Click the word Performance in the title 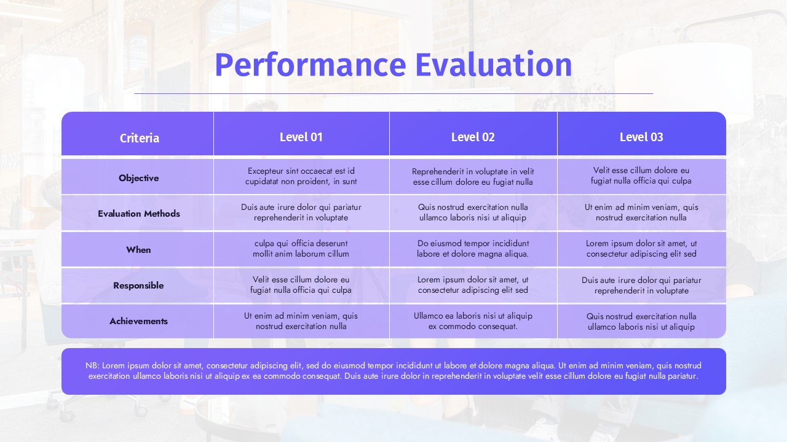tap(310, 65)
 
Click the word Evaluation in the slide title tap(494, 64)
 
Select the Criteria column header tap(140, 138)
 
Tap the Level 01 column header tap(301, 137)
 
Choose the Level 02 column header tap(473, 137)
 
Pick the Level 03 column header tap(641, 137)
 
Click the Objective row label tap(139, 178)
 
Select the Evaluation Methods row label tap(139, 214)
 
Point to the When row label tap(138, 250)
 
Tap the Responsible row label tap(138, 285)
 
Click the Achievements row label tap(138, 321)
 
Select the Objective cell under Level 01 tap(301, 176)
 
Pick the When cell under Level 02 tap(473, 249)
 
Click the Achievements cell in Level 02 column tap(473, 321)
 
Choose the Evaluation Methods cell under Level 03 tap(641, 212)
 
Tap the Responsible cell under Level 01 tap(301, 285)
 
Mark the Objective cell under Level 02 tap(473, 177)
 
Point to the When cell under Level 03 tap(641, 249)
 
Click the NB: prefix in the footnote tap(93, 365)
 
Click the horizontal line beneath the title tap(393, 94)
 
